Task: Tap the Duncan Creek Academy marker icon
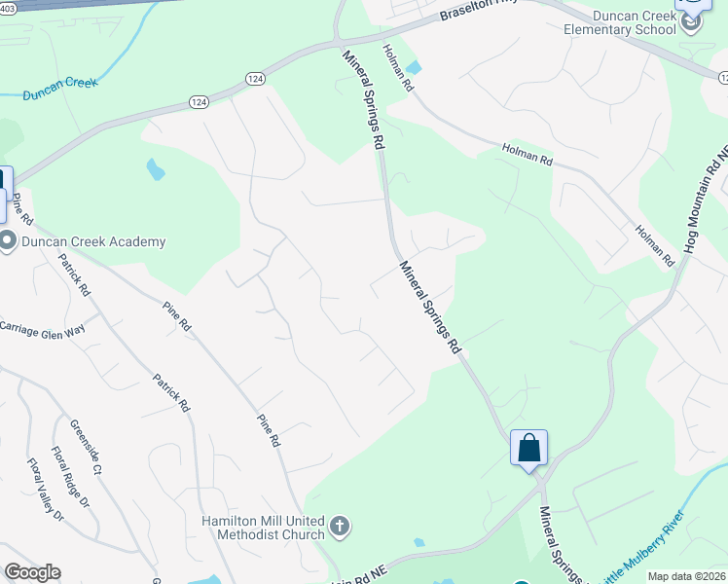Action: [x=8, y=241]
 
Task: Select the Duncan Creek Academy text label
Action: [x=92, y=241]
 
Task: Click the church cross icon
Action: [x=340, y=528]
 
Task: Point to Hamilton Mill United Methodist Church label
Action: [x=263, y=528]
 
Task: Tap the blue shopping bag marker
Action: [x=528, y=448]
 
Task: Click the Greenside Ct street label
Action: [x=85, y=447]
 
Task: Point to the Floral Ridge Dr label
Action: [x=70, y=478]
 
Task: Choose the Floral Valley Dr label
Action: [x=44, y=490]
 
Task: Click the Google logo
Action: [x=32, y=572]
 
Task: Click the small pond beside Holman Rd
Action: [x=415, y=68]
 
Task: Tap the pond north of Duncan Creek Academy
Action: [x=155, y=170]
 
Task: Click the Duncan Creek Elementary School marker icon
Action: [x=691, y=21]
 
